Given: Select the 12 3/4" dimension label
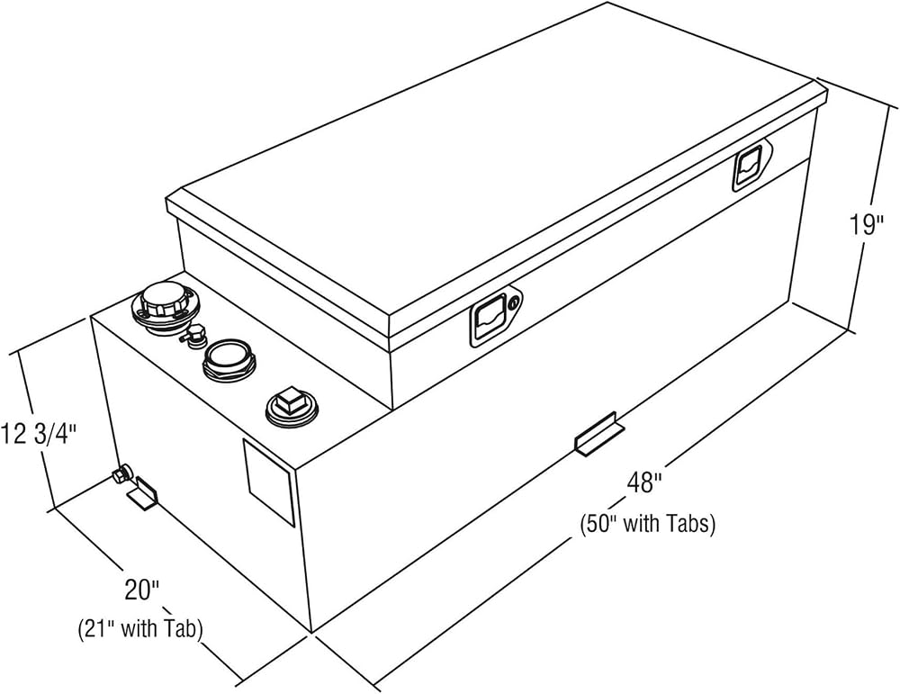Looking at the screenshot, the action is (38, 433).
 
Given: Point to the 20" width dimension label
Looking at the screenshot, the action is (141, 590).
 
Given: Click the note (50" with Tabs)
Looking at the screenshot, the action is (647, 524).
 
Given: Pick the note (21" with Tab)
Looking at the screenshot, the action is (140, 628).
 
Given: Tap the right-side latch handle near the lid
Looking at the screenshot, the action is (748, 167).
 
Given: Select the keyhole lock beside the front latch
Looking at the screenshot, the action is (515, 301).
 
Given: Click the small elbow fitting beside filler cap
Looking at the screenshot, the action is (193, 335).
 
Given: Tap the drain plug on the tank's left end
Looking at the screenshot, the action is (121, 474).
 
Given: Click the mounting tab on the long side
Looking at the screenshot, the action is (599, 435).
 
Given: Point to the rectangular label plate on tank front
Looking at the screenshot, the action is (268, 482).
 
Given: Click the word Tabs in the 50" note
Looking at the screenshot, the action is (691, 524).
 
